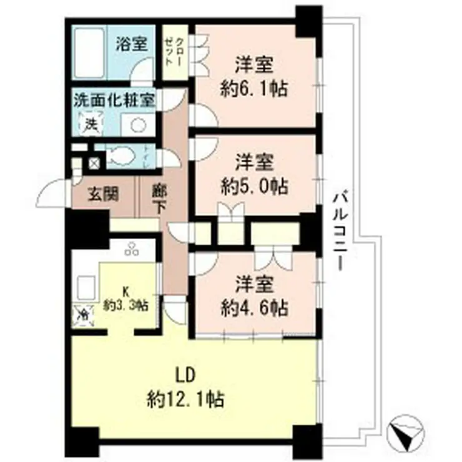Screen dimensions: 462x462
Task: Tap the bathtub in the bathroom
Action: (89, 55)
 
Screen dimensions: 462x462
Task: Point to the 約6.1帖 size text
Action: (255, 89)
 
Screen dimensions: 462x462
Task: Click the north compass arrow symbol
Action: (407, 431)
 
